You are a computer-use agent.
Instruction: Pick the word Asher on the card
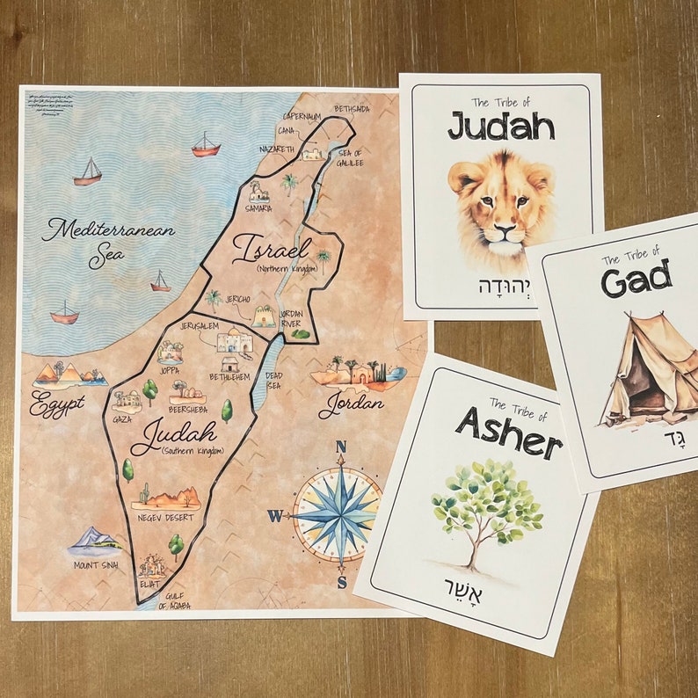pos(508,428)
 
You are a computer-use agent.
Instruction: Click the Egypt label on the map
pos(56,404)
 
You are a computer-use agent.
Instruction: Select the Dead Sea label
pos(274,379)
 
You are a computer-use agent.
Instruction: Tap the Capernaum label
pos(302,116)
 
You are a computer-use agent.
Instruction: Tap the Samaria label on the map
pos(258,208)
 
